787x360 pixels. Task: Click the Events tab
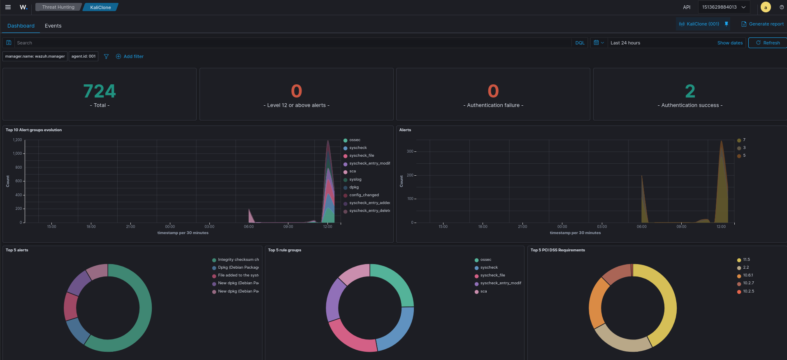coord(53,26)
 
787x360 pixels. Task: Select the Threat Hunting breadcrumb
coord(58,7)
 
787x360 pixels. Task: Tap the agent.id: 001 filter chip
coord(84,56)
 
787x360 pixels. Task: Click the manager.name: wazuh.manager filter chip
coord(35,56)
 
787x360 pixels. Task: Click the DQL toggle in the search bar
coord(580,43)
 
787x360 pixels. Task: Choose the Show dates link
coord(730,43)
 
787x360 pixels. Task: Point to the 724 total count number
coord(100,91)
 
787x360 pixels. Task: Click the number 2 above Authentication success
coord(690,91)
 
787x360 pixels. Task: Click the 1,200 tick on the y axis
coord(17,140)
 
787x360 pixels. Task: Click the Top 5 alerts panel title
coord(17,250)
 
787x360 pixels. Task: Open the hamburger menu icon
coord(8,7)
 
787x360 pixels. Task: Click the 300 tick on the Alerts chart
coord(410,151)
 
